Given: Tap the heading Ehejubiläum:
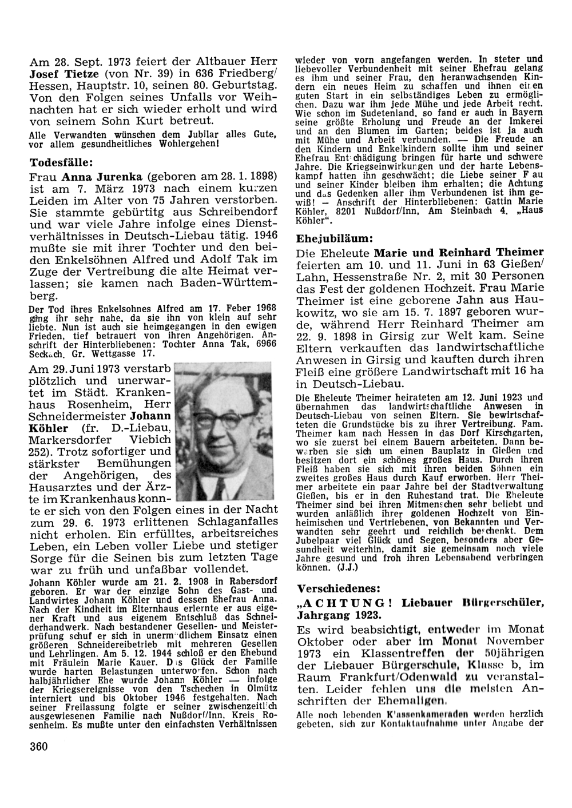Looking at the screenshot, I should coord(335,237).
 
